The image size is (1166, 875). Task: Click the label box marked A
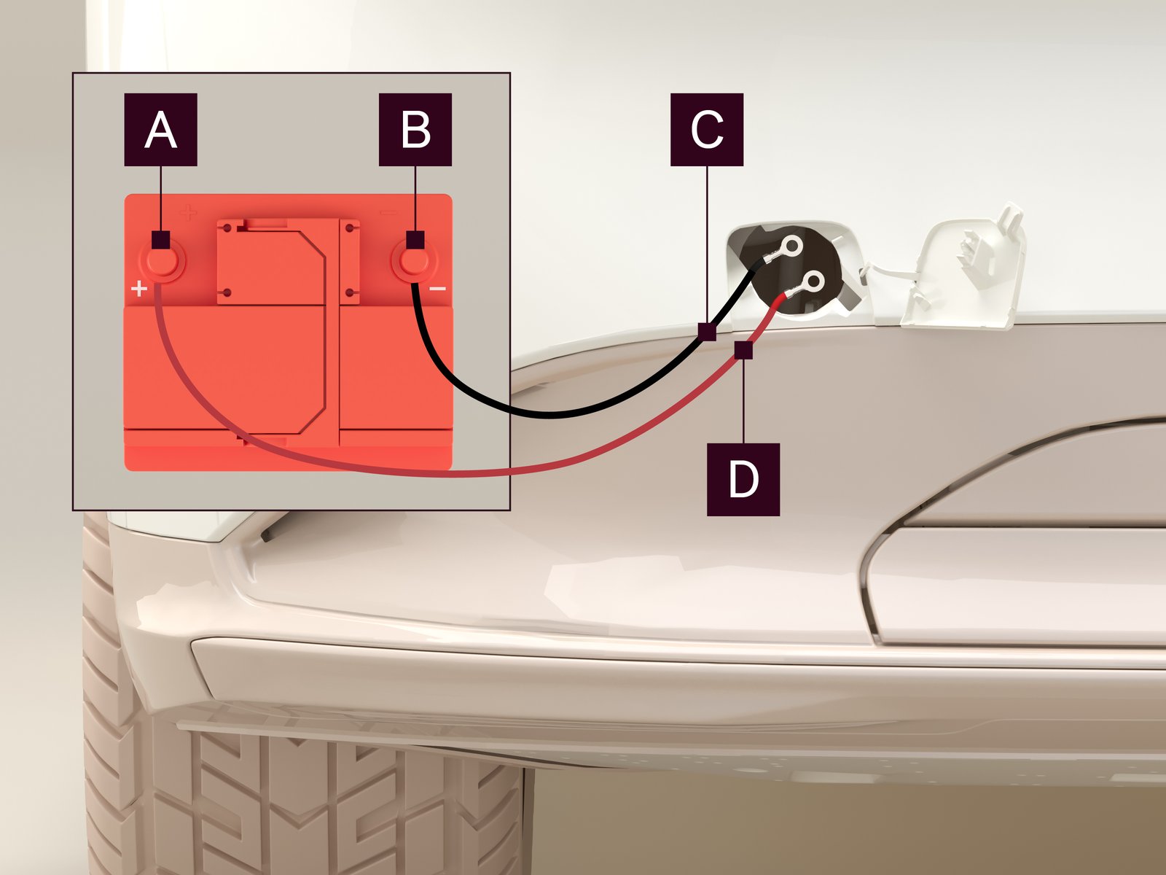coord(160,130)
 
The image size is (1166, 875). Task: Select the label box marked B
coord(415,130)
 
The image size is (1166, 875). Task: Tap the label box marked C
coord(706,130)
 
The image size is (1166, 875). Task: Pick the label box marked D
coord(743,479)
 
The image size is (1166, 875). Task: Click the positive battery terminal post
coord(162,261)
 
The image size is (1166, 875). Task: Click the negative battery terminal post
coord(415,261)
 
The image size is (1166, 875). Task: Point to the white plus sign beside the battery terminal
coord(139,289)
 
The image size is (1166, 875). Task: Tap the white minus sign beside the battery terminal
coord(438,289)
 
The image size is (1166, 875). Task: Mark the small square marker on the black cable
coord(707,332)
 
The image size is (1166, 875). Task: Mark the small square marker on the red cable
coord(744,350)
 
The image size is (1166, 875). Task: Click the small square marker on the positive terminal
coord(160,240)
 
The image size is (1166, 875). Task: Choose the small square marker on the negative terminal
coord(415,240)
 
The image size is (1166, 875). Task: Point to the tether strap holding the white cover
coord(887,271)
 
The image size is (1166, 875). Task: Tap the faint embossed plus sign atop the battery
coord(188,213)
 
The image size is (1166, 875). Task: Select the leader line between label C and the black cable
coord(707,244)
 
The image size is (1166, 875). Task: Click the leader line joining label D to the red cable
coord(744,401)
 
